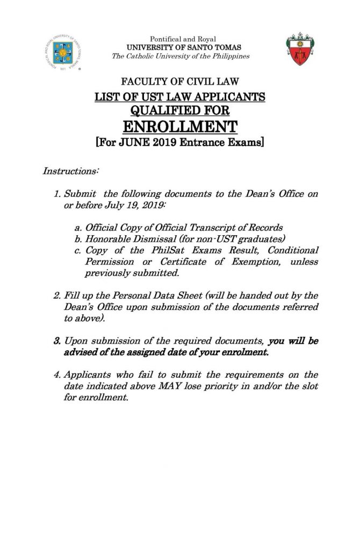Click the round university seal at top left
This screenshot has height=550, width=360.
tap(60, 53)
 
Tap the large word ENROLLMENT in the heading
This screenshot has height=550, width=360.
tap(179, 127)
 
